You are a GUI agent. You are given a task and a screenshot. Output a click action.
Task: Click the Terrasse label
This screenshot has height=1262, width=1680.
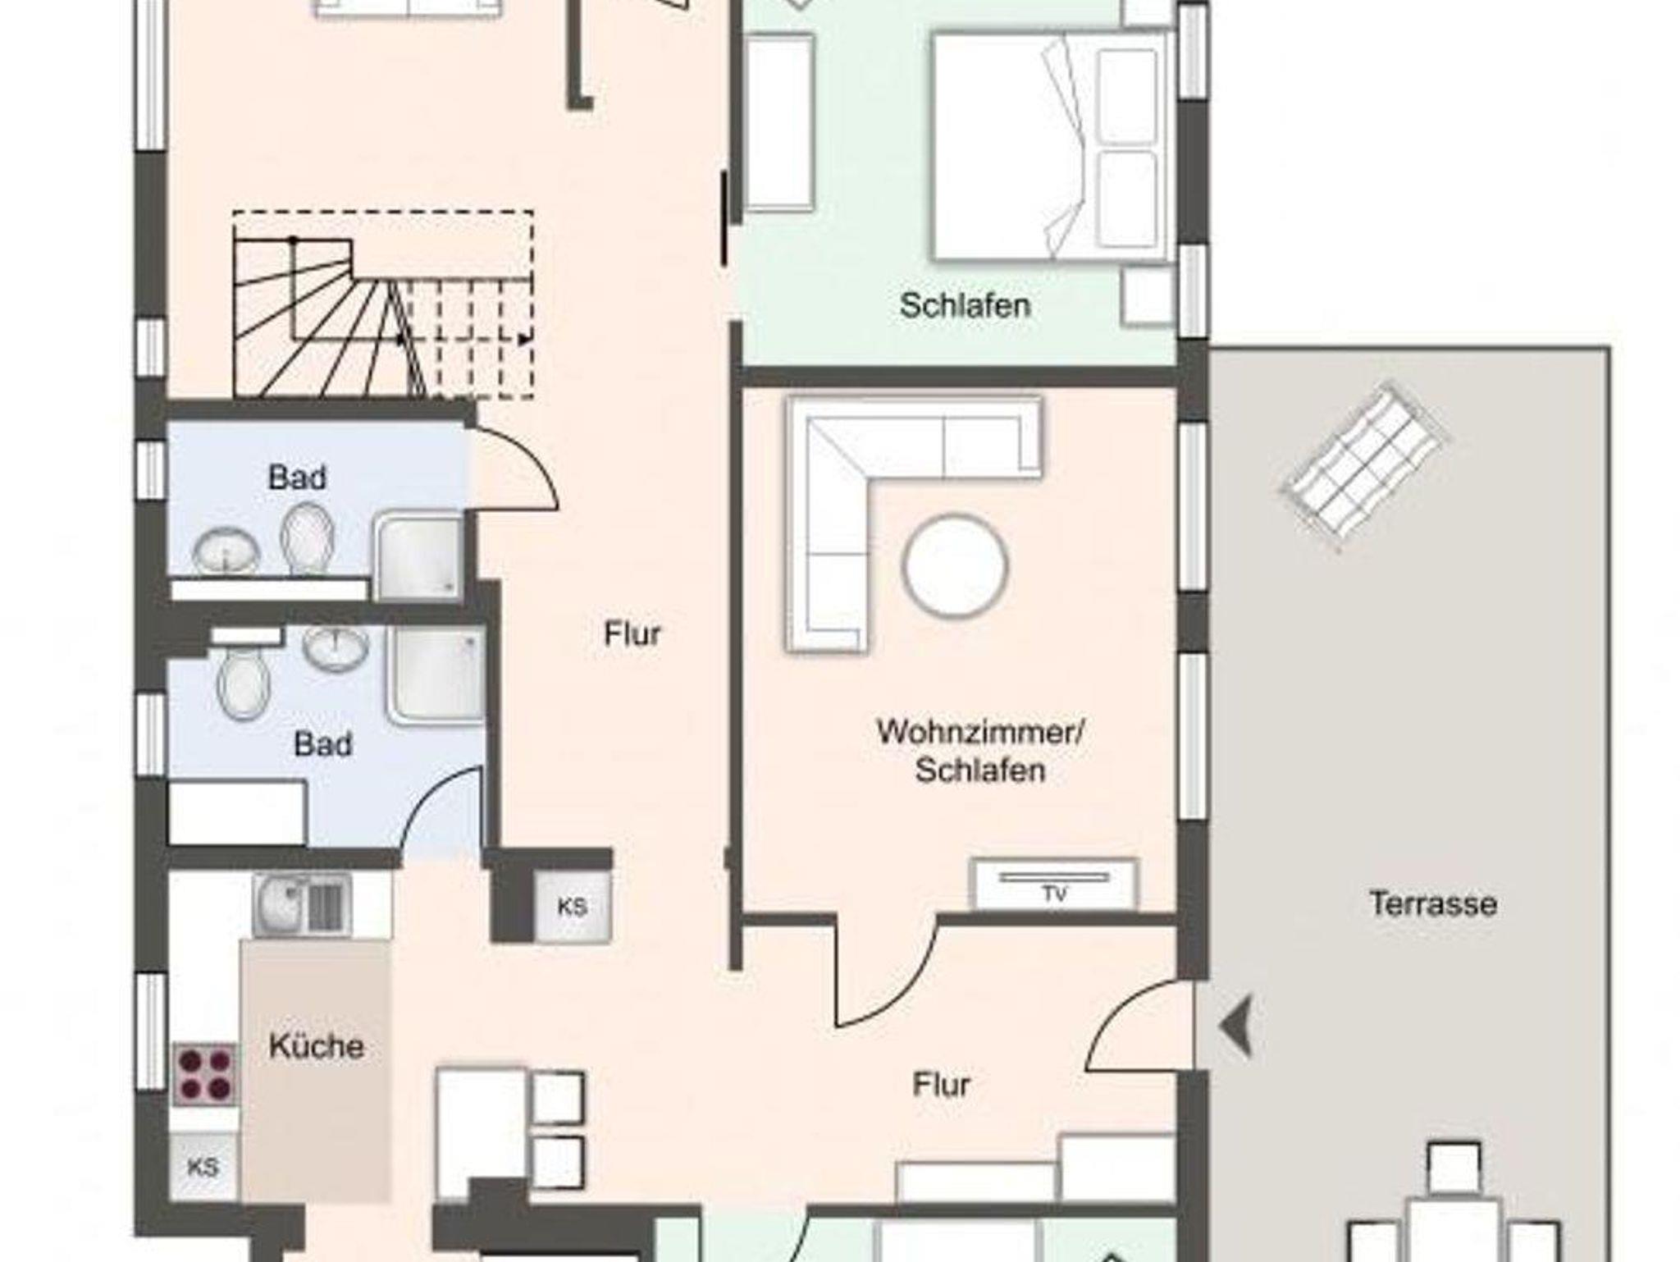click(x=1433, y=903)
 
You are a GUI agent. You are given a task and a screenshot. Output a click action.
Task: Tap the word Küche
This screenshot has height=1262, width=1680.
click(x=317, y=1046)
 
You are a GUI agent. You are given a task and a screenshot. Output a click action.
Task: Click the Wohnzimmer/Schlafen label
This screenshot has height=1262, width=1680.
click(x=981, y=752)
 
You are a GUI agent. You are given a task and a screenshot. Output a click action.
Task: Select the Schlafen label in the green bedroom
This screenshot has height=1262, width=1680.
click(x=965, y=305)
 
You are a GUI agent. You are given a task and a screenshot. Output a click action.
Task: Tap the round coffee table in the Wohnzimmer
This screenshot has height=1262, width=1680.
click(x=956, y=565)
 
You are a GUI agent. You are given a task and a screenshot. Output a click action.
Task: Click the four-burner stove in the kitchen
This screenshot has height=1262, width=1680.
click(x=205, y=1075)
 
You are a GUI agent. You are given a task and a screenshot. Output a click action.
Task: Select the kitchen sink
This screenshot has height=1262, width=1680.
click(x=302, y=904)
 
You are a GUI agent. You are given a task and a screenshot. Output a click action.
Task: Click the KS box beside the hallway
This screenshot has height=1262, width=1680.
click(x=572, y=906)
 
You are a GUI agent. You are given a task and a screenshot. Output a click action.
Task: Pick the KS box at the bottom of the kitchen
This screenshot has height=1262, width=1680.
click(x=203, y=1166)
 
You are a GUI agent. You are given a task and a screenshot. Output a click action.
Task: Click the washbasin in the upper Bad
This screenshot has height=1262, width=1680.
click(x=226, y=550)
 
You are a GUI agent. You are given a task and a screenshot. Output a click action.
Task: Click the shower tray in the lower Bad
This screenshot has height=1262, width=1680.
click(x=436, y=677)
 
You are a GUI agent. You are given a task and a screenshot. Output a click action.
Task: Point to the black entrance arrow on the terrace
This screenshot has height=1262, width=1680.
click(x=1236, y=1024)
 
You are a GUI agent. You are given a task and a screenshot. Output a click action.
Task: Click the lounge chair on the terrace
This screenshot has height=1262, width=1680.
click(x=1363, y=466)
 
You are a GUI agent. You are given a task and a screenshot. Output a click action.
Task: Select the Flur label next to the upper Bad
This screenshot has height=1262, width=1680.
click(x=632, y=633)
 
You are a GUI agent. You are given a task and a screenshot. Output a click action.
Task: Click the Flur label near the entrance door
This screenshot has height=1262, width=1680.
click(x=941, y=1085)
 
